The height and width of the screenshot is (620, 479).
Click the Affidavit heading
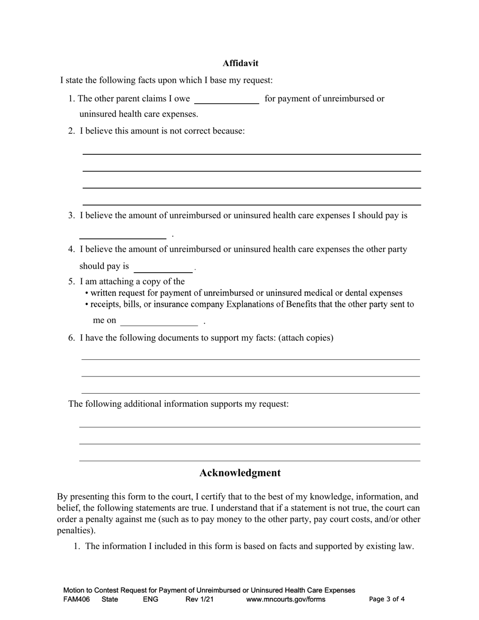coord(241,63)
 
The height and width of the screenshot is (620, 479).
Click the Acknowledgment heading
coord(239,473)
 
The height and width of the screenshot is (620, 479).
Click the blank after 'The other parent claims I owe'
coord(226,99)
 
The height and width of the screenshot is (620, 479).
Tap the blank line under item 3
coord(123,234)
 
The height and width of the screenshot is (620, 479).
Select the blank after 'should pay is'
coord(163,268)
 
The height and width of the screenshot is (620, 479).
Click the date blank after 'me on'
coord(159,322)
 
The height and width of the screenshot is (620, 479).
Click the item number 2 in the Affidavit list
coord(72,131)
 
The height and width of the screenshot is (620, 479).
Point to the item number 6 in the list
coord(72,338)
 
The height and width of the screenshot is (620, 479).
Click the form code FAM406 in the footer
coord(77,599)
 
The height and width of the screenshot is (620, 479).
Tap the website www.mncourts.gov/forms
coord(285,599)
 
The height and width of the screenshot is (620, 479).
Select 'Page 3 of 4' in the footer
coord(387,599)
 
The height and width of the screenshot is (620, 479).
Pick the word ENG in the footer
coord(151,599)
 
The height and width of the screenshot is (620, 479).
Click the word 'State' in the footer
coord(110,599)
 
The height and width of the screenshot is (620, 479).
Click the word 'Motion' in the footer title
coord(74,590)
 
